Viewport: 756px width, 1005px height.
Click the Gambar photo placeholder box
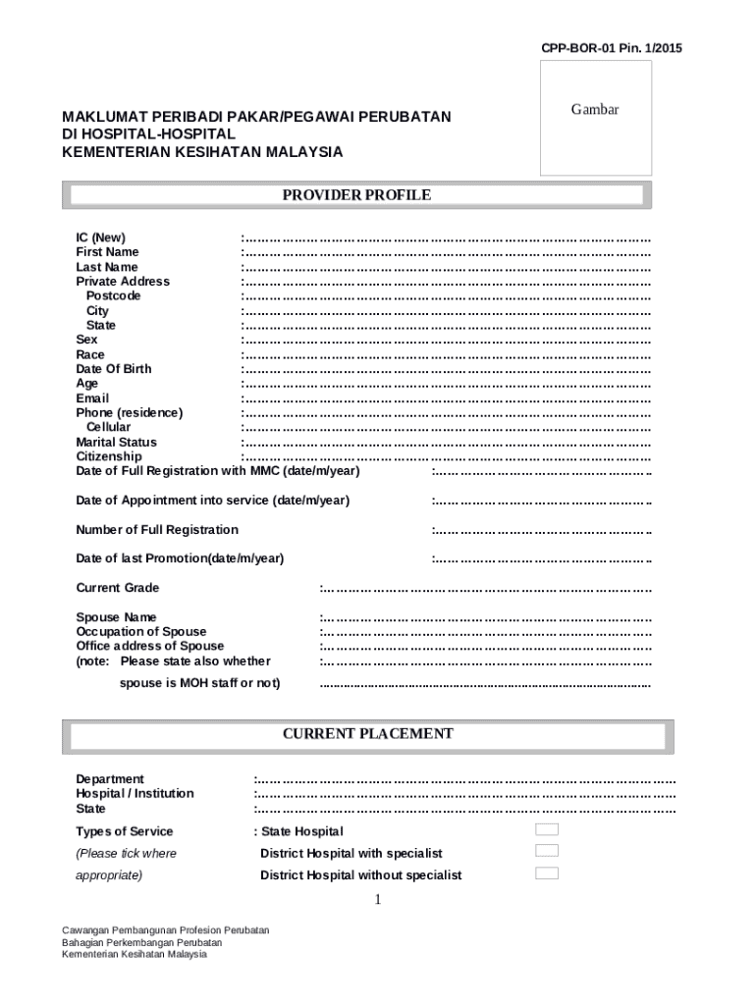[595, 118]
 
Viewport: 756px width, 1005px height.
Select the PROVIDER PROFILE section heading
[356, 195]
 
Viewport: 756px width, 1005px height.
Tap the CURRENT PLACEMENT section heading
[368, 734]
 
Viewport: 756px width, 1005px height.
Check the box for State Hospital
[547, 830]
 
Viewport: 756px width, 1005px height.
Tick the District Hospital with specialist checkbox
[547, 851]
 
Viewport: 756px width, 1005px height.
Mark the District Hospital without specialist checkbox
[547, 873]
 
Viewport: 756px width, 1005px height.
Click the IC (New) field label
[101, 238]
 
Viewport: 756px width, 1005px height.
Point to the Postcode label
[113, 295]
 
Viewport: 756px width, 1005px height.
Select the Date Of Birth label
[114, 369]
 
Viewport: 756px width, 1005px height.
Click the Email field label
[92, 398]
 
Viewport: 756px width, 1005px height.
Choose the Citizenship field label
[109, 456]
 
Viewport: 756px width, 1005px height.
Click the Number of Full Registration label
[157, 530]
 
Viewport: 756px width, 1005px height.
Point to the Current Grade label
[118, 588]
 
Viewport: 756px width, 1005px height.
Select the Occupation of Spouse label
[141, 632]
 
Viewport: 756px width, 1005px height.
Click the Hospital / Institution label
[135, 793]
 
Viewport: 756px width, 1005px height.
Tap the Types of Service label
[125, 831]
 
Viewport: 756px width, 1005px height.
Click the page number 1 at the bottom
[377, 901]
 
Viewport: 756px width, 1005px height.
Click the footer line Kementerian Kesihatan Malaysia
[135, 954]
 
